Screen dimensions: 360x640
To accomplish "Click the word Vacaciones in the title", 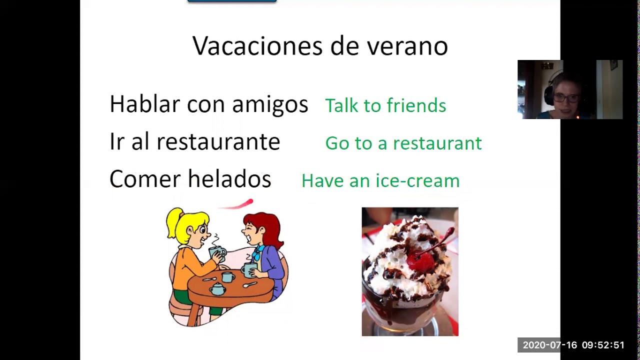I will click(x=258, y=46).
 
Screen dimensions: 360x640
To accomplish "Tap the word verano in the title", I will click(x=407, y=46).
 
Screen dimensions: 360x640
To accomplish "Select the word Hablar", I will click(x=144, y=104).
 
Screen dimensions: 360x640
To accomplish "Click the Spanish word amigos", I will click(x=270, y=105).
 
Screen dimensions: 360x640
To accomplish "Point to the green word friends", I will click(x=416, y=105).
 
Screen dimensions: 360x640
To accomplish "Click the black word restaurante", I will click(x=218, y=142).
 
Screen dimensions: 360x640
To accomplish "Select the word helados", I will click(x=229, y=179).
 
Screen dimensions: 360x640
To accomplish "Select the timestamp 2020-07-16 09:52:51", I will click(x=573, y=345).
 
